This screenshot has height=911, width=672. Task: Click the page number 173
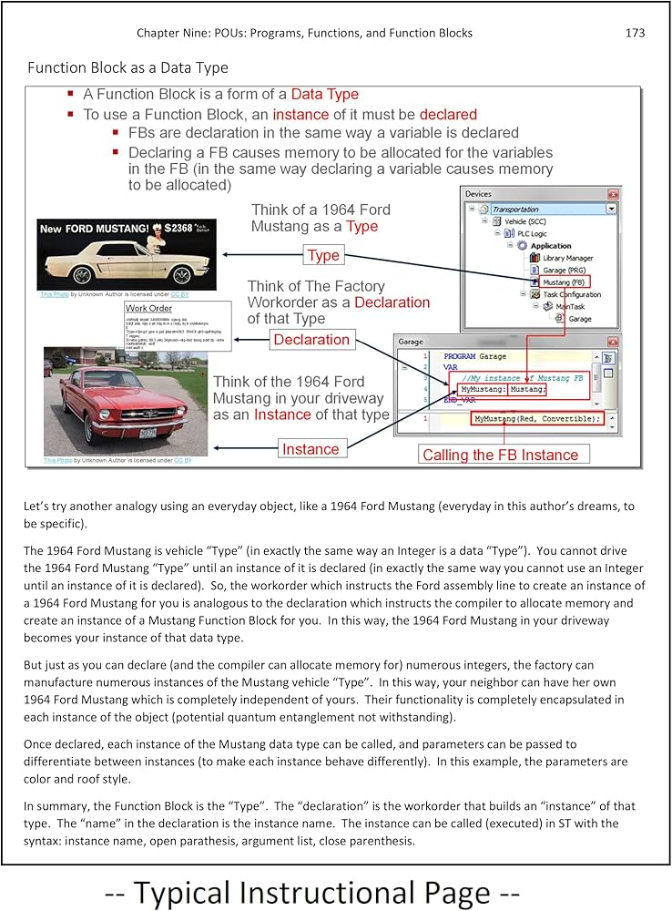(635, 33)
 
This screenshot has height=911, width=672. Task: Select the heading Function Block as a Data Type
(127, 67)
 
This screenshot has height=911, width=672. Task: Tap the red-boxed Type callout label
(323, 255)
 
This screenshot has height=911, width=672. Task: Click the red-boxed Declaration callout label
(311, 340)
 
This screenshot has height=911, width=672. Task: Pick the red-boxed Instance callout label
(310, 449)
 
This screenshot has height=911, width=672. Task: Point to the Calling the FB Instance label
(500, 455)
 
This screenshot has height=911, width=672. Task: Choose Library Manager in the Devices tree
(567, 258)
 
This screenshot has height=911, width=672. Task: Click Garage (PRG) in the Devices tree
(564, 270)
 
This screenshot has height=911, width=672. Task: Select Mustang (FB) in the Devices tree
(564, 282)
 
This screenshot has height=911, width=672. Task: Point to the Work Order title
(148, 309)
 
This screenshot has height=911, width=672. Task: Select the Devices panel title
(478, 194)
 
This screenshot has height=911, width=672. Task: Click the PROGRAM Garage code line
(474, 356)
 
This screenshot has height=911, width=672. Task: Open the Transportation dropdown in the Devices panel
(611, 209)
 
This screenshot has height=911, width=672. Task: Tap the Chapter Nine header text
(304, 33)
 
